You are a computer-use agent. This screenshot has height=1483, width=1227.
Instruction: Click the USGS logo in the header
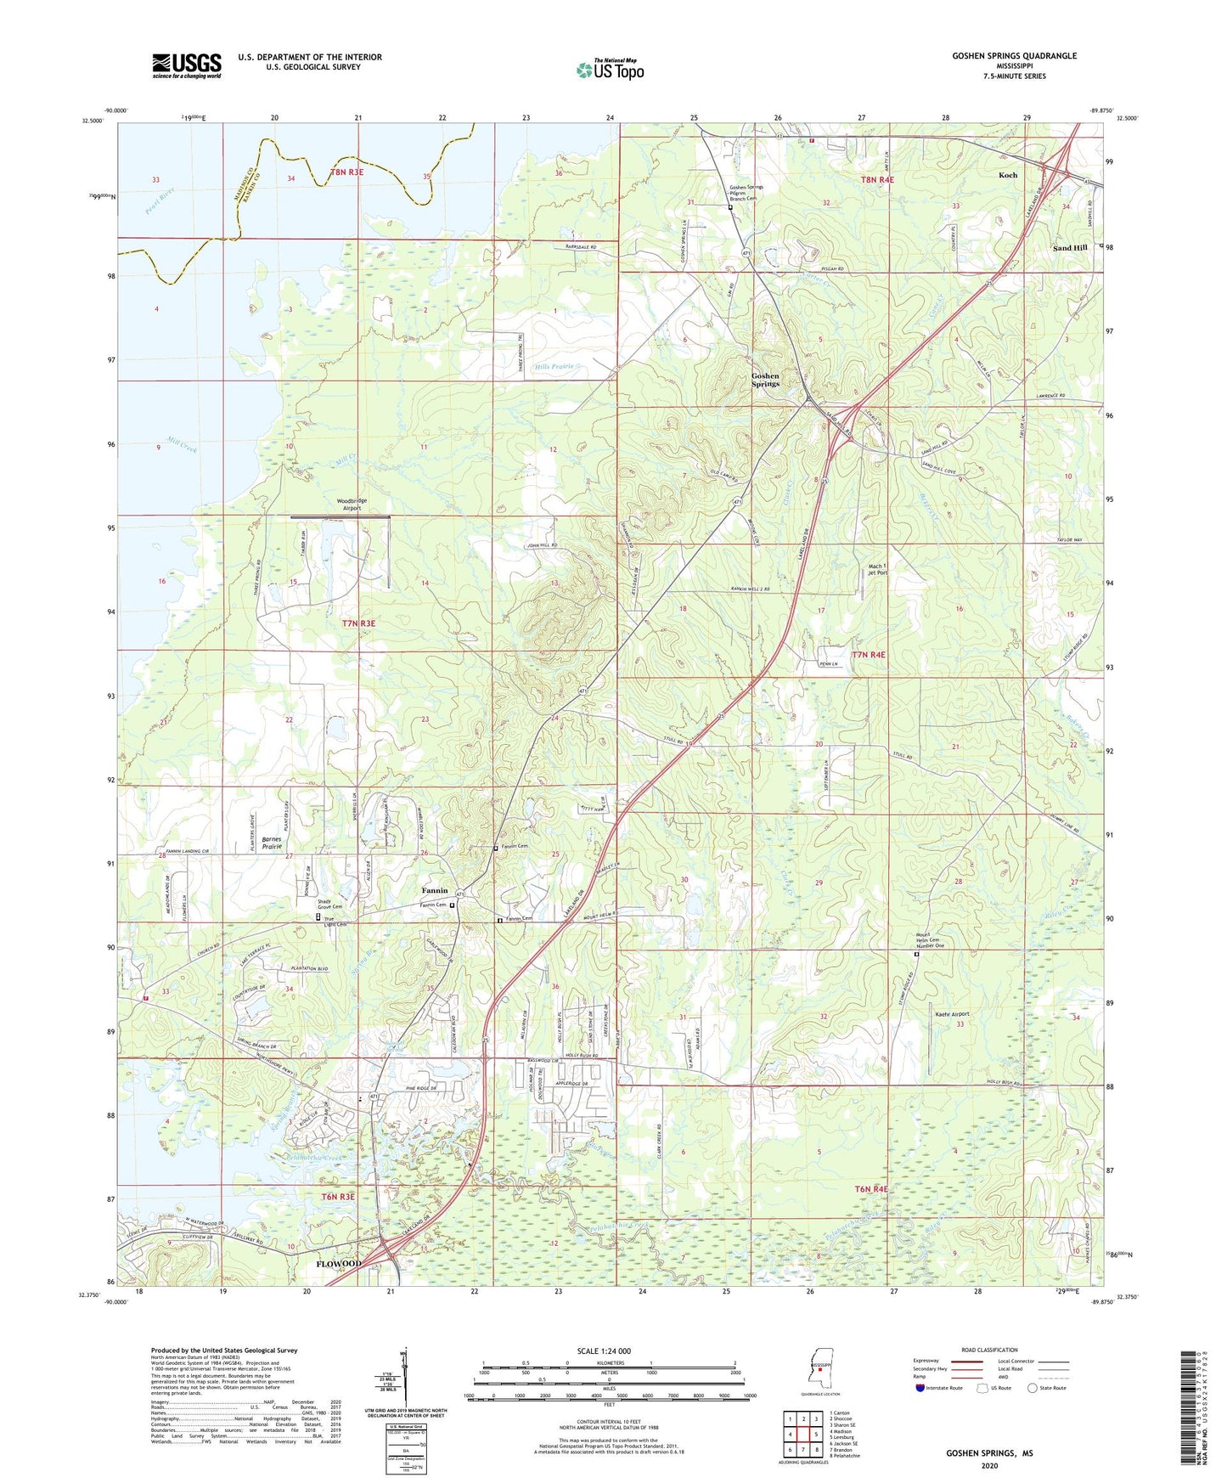coord(187,65)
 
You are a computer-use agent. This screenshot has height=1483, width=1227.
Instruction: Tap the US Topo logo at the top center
coord(610,70)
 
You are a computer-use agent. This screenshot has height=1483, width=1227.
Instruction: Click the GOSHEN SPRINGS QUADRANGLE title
coord(1014,56)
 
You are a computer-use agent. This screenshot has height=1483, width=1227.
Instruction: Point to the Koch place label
coord(1008,175)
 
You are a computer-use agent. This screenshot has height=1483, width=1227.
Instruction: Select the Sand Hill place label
coord(1069,248)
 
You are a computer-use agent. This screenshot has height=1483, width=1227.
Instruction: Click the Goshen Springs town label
coord(765,380)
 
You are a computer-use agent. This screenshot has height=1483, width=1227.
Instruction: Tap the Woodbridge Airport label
coord(352,505)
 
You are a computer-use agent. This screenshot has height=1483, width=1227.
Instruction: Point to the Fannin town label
coord(435,890)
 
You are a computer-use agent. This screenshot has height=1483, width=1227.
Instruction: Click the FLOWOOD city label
coord(339,1264)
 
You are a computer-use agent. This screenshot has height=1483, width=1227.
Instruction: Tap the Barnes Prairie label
coord(272,843)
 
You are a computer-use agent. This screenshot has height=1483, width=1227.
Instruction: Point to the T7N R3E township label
coord(358,623)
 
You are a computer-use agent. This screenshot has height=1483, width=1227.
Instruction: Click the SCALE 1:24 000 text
coord(604,1351)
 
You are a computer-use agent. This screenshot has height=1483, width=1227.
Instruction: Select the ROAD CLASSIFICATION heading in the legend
coord(989,1350)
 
